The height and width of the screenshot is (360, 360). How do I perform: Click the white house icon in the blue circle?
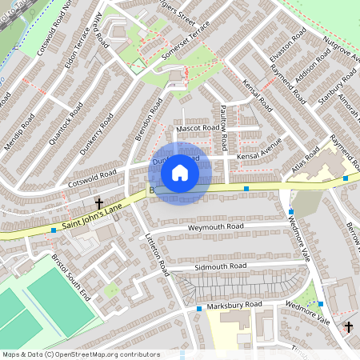(180, 173)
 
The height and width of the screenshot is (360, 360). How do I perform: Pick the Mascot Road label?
(198, 128)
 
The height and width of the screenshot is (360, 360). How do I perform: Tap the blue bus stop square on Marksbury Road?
(198, 309)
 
